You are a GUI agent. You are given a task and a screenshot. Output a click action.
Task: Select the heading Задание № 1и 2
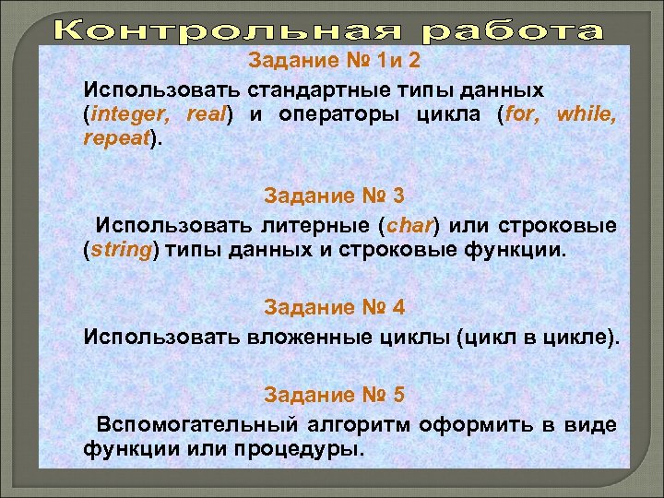[335, 62]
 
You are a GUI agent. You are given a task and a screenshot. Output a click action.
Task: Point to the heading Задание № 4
[335, 305]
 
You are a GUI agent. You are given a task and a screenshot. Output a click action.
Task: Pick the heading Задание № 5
[335, 395]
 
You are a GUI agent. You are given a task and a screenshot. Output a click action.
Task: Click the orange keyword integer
[132, 116]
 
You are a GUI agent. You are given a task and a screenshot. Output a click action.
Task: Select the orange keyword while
[587, 116]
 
